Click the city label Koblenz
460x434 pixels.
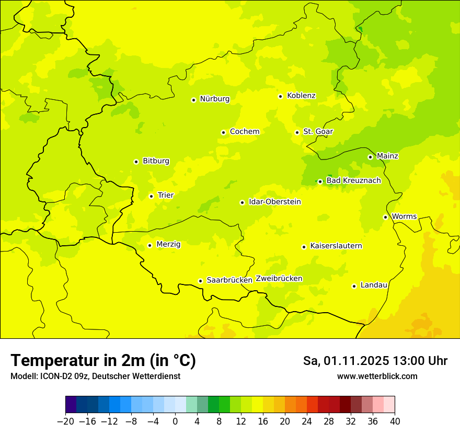[301, 96]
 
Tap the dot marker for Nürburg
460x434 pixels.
[193, 100]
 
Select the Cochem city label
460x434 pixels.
[244, 132]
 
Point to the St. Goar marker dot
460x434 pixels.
[297, 132]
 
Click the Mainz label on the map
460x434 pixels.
[387, 156]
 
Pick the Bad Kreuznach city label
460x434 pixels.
[353, 181]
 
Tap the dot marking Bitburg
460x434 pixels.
[136, 162]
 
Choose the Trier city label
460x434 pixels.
[166, 196]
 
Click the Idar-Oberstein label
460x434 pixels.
[275, 202]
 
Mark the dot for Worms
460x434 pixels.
[385, 217]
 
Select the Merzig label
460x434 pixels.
[168, 244]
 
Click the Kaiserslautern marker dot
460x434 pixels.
[304, 247]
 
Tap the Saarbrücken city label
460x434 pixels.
[229, 280]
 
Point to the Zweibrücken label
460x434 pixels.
[279, 279]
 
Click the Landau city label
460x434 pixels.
[374, 285]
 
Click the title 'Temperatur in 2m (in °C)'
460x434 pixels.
[103, 361]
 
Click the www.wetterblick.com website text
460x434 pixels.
[377, 376]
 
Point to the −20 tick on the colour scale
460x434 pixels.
[65, 421]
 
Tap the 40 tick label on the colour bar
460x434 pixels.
[395, 421]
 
